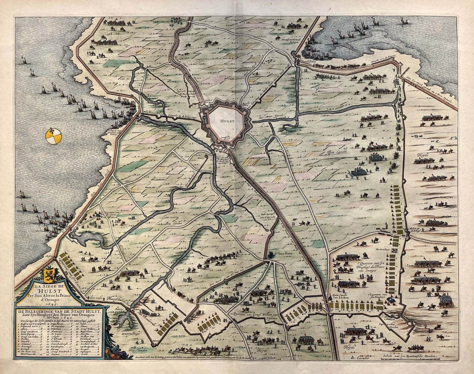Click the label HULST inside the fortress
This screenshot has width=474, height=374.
click(227, 121)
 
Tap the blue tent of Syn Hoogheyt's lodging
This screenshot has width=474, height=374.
click(391, 300)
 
